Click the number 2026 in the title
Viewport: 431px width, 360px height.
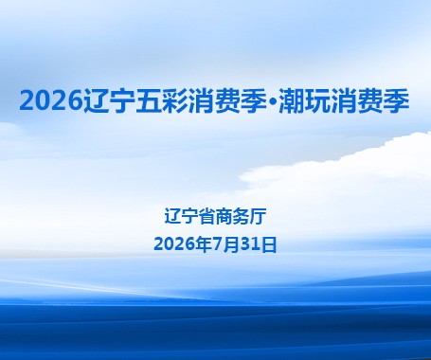click(51, 100)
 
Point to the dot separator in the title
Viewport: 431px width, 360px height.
click(273, 101)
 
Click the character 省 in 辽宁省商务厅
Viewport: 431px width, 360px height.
click(207, 217)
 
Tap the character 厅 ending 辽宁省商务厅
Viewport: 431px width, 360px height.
click(258, 217)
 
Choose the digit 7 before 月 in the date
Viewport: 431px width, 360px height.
click(217, 244)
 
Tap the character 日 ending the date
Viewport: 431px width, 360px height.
click(269, 244)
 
